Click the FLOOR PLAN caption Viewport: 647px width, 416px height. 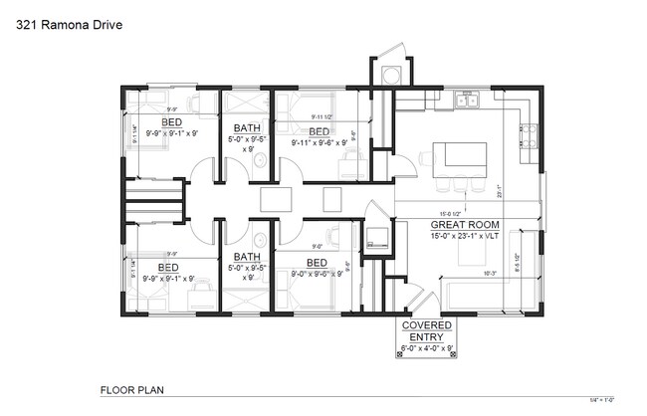tap(132, 389)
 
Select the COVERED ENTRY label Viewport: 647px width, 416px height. tap(426, 331)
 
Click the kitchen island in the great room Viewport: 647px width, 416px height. tap(460, 156)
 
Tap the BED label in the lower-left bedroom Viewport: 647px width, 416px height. tap(168, 268)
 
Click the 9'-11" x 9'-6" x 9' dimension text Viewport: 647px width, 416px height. tap(319, 142)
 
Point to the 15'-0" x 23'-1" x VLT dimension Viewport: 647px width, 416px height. tap(461, 236)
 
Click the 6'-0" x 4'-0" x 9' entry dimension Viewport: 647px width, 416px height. tap(427, 348)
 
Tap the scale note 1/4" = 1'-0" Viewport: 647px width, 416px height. tap(603, 397)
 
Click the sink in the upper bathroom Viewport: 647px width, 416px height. tap(260, 102)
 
